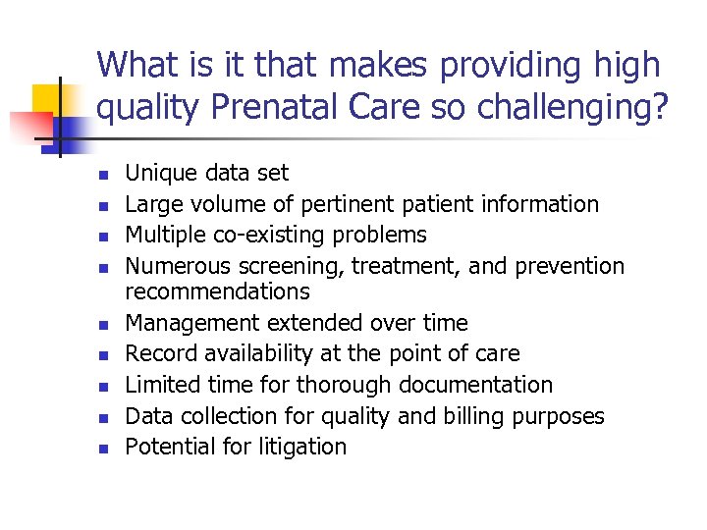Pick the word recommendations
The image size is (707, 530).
point(217,291)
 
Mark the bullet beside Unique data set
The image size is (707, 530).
point(101,176)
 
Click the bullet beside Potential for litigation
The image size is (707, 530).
point(101,449)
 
